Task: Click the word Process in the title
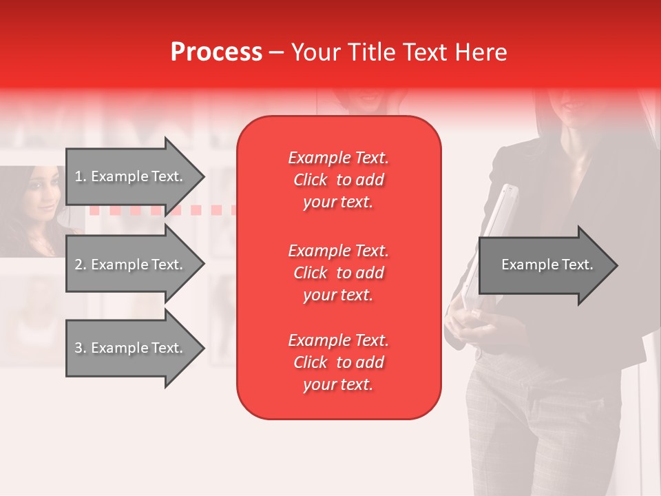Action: coord(216,52)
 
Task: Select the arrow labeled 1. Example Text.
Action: coord(131,176)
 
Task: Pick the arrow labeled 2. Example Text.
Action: coord(131,265)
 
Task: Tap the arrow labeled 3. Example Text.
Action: coord(131,348)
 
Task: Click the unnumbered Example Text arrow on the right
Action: coord(547,265)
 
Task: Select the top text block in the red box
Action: coord(338,180)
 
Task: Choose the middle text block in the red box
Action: coord(338,273)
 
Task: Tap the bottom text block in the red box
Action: coord(338,362)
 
